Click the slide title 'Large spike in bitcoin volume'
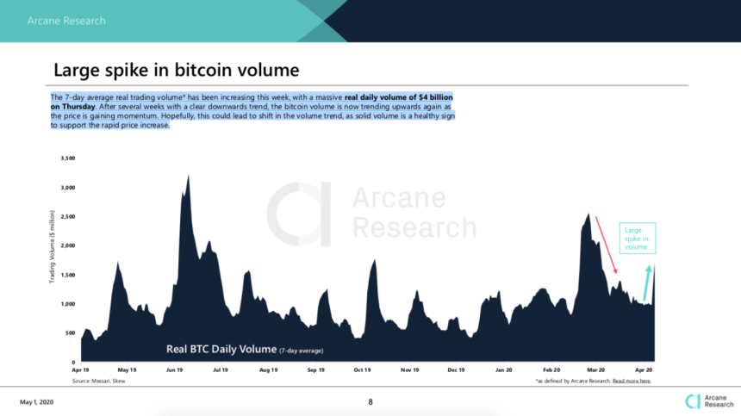coord(177,70)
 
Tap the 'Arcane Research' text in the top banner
coord(66,21)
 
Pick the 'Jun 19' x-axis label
coord(174,369)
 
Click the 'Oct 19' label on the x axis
coord(362,369)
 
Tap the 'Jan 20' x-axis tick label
coord(504,369)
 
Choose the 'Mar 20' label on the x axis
coord(595,369)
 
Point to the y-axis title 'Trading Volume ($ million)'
coord(53,245)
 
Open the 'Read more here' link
coord(632,380)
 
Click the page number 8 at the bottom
coord(370,401)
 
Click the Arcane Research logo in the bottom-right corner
coord(704,400)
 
